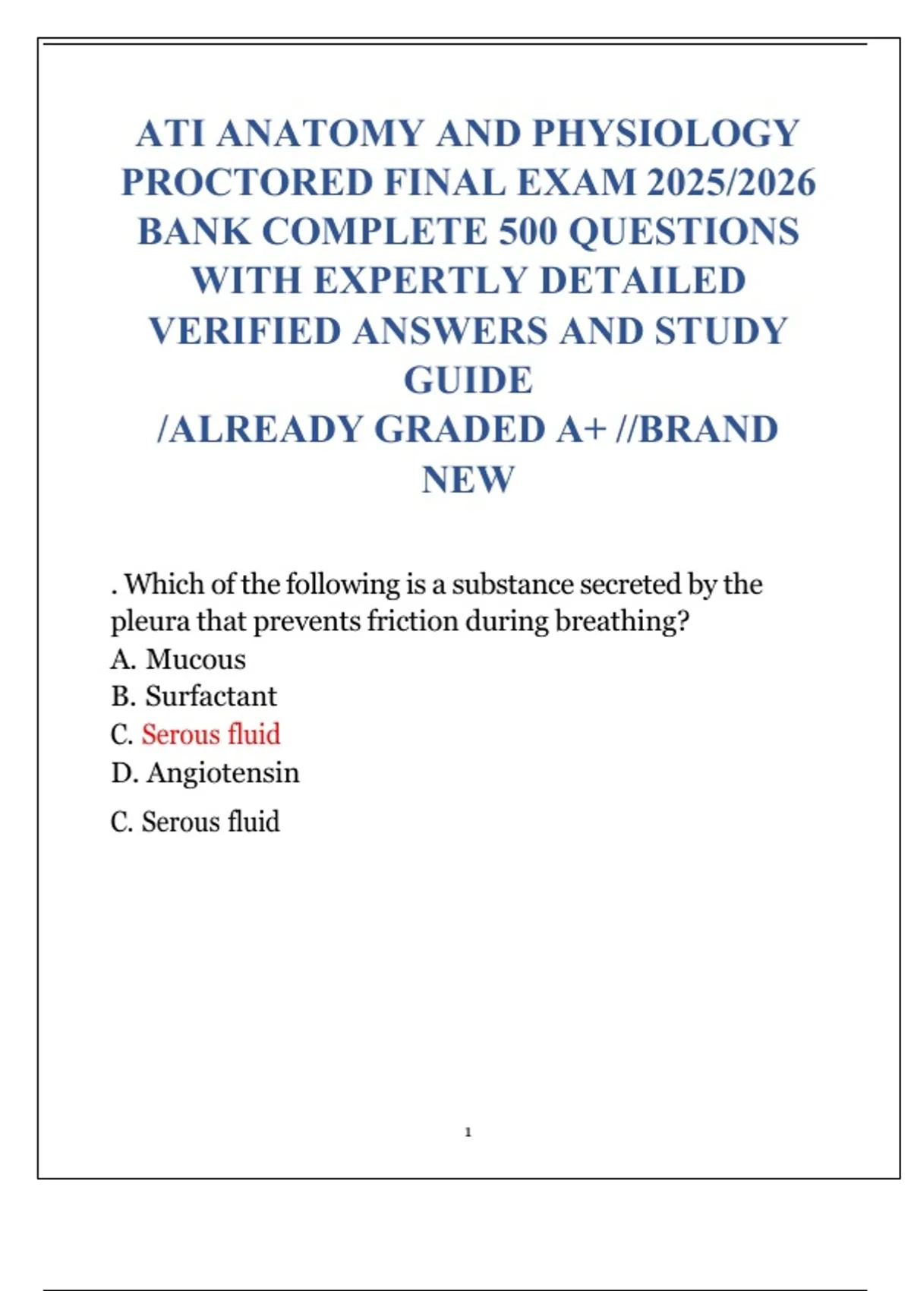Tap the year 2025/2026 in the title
[731, 183]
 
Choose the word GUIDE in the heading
[468, 380]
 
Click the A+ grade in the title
[582, 430]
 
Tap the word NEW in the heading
[468, 480]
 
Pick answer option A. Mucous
[178, 659]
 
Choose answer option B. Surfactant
[194, 696]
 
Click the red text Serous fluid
[211, 734]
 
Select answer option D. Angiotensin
[205, 773]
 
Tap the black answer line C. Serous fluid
[195, 822]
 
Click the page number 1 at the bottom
[468, 1132]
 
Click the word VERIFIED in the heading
[244, 331]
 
